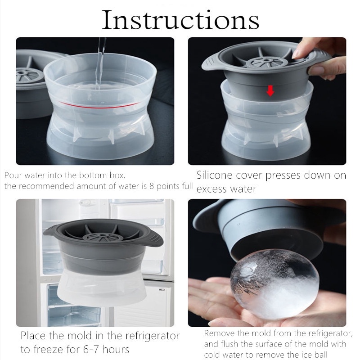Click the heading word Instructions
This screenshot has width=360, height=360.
[x=180, y=20]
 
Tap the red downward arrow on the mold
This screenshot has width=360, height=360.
[x=270, y=91]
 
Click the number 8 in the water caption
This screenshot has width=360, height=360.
[x=152, y=186]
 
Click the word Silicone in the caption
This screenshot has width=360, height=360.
[x=215, y=175]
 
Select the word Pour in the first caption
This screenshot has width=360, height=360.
[x=13, y=175]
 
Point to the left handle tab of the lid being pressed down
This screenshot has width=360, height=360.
[x=211, y=63]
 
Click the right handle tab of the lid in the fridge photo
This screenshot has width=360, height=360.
[x=154, y=239]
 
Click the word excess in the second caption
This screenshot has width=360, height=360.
[x=211, y=189]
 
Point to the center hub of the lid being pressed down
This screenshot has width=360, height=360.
[x=266, y=61]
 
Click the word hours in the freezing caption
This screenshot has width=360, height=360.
[x=116, y=350]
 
